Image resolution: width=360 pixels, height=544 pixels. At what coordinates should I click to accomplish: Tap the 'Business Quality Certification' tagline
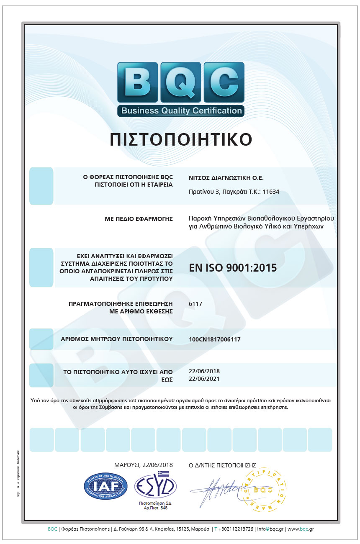[181, 111]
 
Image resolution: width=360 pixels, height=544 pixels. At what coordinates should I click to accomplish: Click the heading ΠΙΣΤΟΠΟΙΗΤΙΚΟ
[181, 140]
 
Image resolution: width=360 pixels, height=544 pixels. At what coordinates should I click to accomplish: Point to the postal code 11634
[270, 192]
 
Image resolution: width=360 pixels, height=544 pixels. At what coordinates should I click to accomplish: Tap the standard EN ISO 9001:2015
[233, 267]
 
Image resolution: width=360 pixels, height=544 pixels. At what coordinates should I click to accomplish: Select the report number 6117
[195, 304]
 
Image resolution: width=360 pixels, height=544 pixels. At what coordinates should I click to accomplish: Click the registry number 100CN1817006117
[215, 339]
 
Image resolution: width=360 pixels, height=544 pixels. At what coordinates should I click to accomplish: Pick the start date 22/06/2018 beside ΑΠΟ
[204, 371]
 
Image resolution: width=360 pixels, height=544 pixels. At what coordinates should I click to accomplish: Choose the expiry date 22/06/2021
[204, 379]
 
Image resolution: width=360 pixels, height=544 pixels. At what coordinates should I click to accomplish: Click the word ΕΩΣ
[167, 379]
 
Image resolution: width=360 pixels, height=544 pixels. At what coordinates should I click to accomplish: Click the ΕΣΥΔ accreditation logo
[155, 485]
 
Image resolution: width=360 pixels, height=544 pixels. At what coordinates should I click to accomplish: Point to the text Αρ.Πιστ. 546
[155, 508]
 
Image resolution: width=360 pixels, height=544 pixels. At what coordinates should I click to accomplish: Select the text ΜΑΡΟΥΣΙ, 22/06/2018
[143, 465]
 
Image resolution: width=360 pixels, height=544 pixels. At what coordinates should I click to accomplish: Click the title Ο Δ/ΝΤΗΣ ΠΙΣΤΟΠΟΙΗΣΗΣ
[222, 465]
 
